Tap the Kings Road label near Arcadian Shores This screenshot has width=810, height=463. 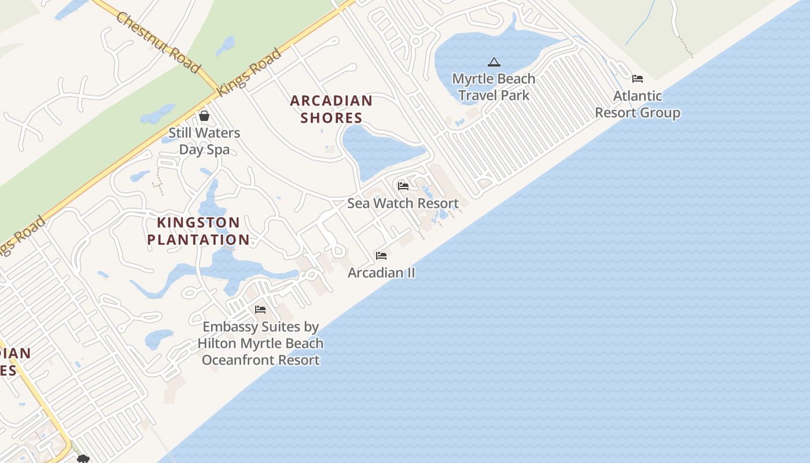[x=249, y=72]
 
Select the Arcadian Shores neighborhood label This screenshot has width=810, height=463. [x=331, y=109]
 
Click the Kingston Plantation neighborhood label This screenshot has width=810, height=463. [x=198, y=231]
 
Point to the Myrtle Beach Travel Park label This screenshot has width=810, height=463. [x=494, y=87]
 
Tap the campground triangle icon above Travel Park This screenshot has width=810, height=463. [x=494, y=62]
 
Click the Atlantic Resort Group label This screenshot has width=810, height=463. [x=637, y=104]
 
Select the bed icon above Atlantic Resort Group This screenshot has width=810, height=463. [x=637, y=79]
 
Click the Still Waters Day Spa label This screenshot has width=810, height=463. [x=204, y=141]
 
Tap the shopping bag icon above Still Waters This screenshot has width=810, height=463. [x=204, y=116]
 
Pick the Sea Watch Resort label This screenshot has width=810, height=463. [x=403, y=203]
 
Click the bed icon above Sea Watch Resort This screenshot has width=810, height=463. [x=403, y=186]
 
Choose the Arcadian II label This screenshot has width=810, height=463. [x=381, y=273]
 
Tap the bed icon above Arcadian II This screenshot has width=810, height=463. [x=381, y=255]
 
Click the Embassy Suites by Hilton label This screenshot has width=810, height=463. [x=260, y=343]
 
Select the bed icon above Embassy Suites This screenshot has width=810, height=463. [x=260, y=310]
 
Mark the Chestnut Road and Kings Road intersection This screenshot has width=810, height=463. [x=212, y=90]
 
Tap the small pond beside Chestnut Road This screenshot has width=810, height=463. [x=226, y=45]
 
